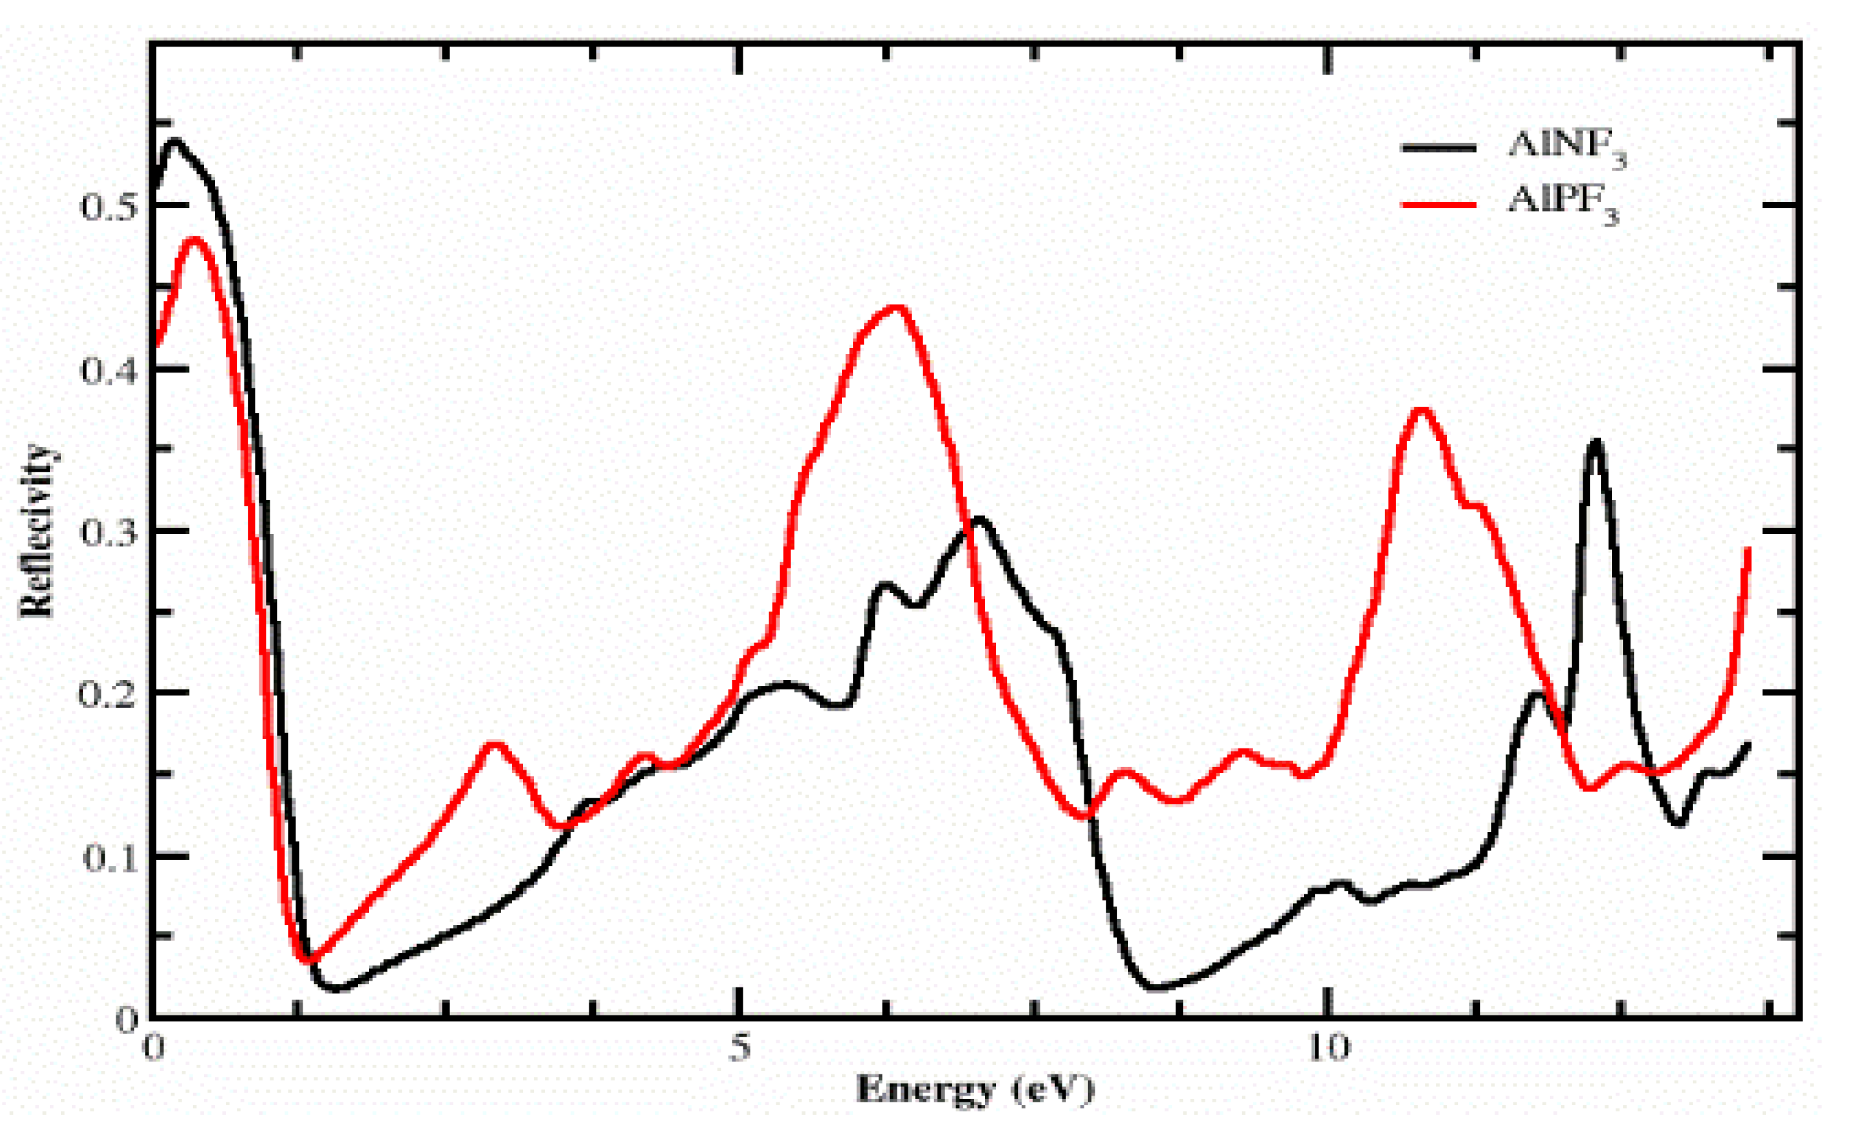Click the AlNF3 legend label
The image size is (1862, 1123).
pyautogui.click(x=1566, y=147)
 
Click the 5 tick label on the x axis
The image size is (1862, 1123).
pyautogui.click(x=740, y=1048)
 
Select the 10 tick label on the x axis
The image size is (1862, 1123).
pyautogui.click(x=1328, y=1048)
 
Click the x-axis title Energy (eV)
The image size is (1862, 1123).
pyautogui.click(x=974, y=1089)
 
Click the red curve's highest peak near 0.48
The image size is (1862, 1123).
pyautogui.click(x=195, y=240)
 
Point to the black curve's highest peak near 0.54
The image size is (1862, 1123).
pyautogui.click(x=175, y=140)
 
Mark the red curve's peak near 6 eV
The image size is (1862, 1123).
pyautogui.click(x=895, y=307)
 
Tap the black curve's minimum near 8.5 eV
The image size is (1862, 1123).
pyautogui.click(x=1156, y=987)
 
